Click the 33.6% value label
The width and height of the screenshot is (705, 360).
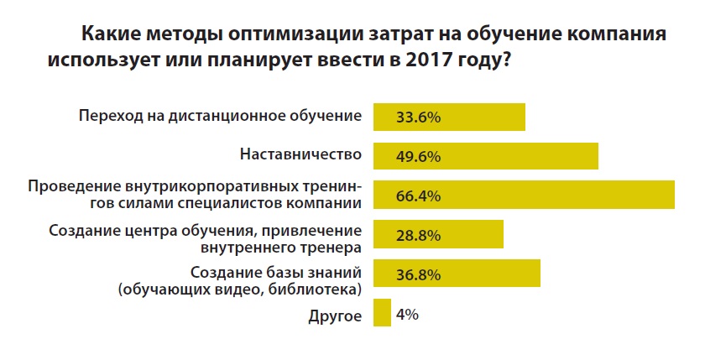[x=417, y=117]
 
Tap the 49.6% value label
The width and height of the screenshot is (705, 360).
[x=417, y=157]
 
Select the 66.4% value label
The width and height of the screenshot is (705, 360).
[x=417, y=196]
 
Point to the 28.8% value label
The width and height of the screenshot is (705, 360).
[x=417, y=235]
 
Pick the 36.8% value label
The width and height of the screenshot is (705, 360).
[x=417, y=274]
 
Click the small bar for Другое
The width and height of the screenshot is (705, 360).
[x=382, y=313]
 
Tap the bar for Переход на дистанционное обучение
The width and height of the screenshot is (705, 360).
[x=487, y=117]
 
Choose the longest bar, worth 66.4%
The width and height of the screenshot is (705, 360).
[x=571, y=195]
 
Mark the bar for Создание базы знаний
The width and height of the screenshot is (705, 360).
[x=495, y=274]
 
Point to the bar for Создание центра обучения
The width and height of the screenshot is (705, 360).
[x=470, y=234]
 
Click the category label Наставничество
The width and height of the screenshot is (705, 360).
[x=300, y=155]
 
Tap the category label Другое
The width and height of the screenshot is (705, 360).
[x=336, y=316]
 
